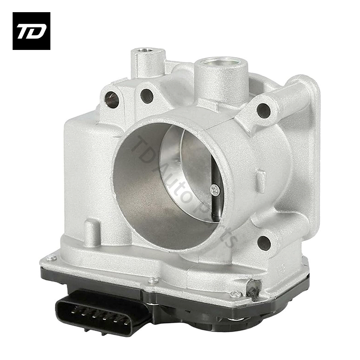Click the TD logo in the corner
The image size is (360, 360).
[31, 31]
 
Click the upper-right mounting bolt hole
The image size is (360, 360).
[263, 110]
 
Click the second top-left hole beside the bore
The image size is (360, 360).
[147, 96]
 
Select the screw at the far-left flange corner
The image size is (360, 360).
[52, 258]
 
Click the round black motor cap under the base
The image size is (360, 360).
[211, 324]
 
